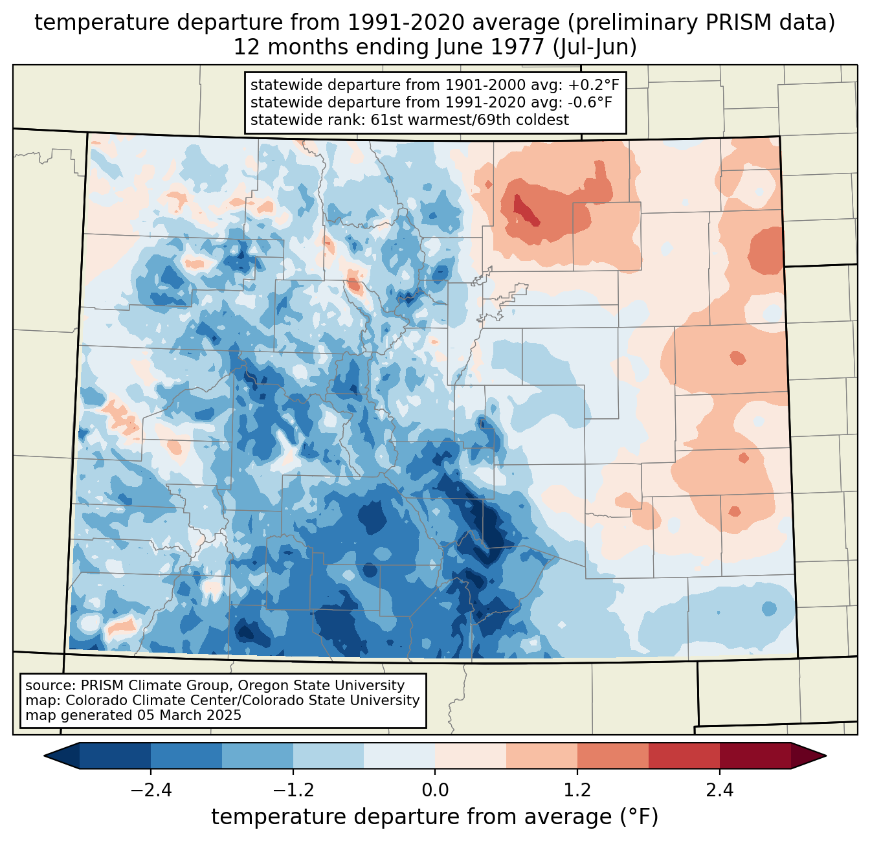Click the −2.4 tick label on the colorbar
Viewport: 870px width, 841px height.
150,791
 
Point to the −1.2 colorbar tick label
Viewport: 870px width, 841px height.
293,791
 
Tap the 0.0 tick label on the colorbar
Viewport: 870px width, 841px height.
435,791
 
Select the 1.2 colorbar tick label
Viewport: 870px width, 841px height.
577,791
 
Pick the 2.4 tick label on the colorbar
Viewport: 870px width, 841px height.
720,791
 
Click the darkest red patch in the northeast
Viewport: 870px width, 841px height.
526,210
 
